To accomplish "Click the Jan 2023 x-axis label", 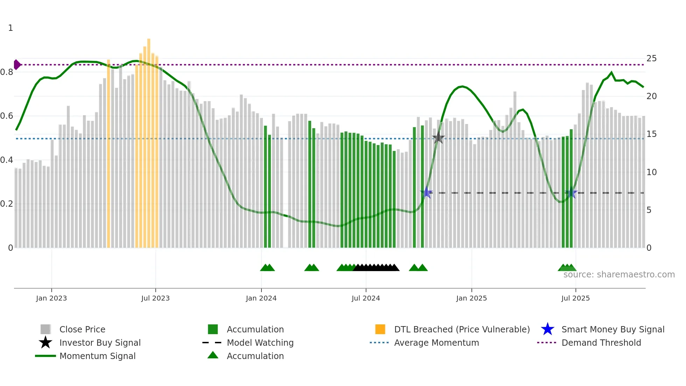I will point(51,298).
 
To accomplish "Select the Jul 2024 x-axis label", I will point(366,298).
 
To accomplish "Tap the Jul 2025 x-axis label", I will point(575,298).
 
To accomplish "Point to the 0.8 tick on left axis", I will point(7,72).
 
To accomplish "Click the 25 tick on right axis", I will point(651,58).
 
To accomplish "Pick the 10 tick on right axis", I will point(651,172).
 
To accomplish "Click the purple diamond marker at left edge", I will point(17,65).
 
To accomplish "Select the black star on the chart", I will point(439,138).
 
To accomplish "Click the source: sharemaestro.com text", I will point(619,275).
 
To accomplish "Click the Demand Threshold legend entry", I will point(601,343).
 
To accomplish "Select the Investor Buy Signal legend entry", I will point(100,343).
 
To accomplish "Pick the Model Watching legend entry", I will point(260,343).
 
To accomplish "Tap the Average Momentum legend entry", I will point(436,343).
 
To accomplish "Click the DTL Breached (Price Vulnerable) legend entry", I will point(462,329).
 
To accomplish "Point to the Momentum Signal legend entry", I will point(97,356).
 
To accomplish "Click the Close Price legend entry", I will point(82,329).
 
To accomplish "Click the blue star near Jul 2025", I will point(571,193).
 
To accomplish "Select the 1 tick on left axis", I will point(10,28).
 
